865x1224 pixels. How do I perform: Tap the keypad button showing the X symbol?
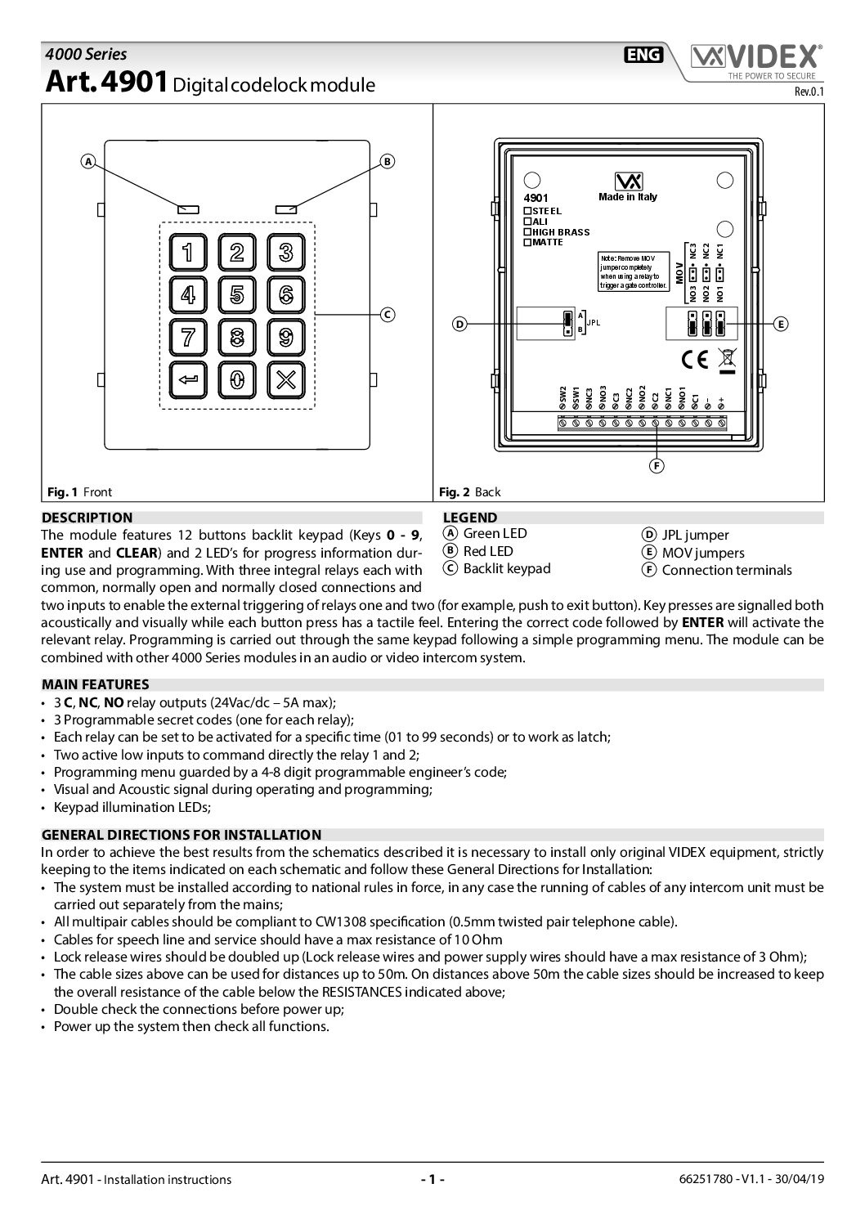(285, 379)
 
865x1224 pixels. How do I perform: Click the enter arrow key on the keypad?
(188, 379)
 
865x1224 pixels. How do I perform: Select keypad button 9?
(285, 337)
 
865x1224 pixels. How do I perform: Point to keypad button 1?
(188, 252)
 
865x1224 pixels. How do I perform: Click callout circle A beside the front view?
(88, 161)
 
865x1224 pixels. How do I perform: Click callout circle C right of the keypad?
(388, 315)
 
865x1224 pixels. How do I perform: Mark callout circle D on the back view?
(459, 325)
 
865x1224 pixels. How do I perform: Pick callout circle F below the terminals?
(657, 466)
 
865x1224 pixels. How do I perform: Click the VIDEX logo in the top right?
(755, 57)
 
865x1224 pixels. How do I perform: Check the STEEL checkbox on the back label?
(528, 211)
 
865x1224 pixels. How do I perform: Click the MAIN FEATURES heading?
(96, 684)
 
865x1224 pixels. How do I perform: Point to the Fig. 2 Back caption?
(470, 491)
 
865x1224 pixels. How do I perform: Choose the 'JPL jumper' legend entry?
(695, 535)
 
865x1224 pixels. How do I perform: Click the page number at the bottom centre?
(432, 1179)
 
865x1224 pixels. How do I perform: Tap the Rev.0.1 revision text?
(809, 92)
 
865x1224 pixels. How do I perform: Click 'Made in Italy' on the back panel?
(628, 197)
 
